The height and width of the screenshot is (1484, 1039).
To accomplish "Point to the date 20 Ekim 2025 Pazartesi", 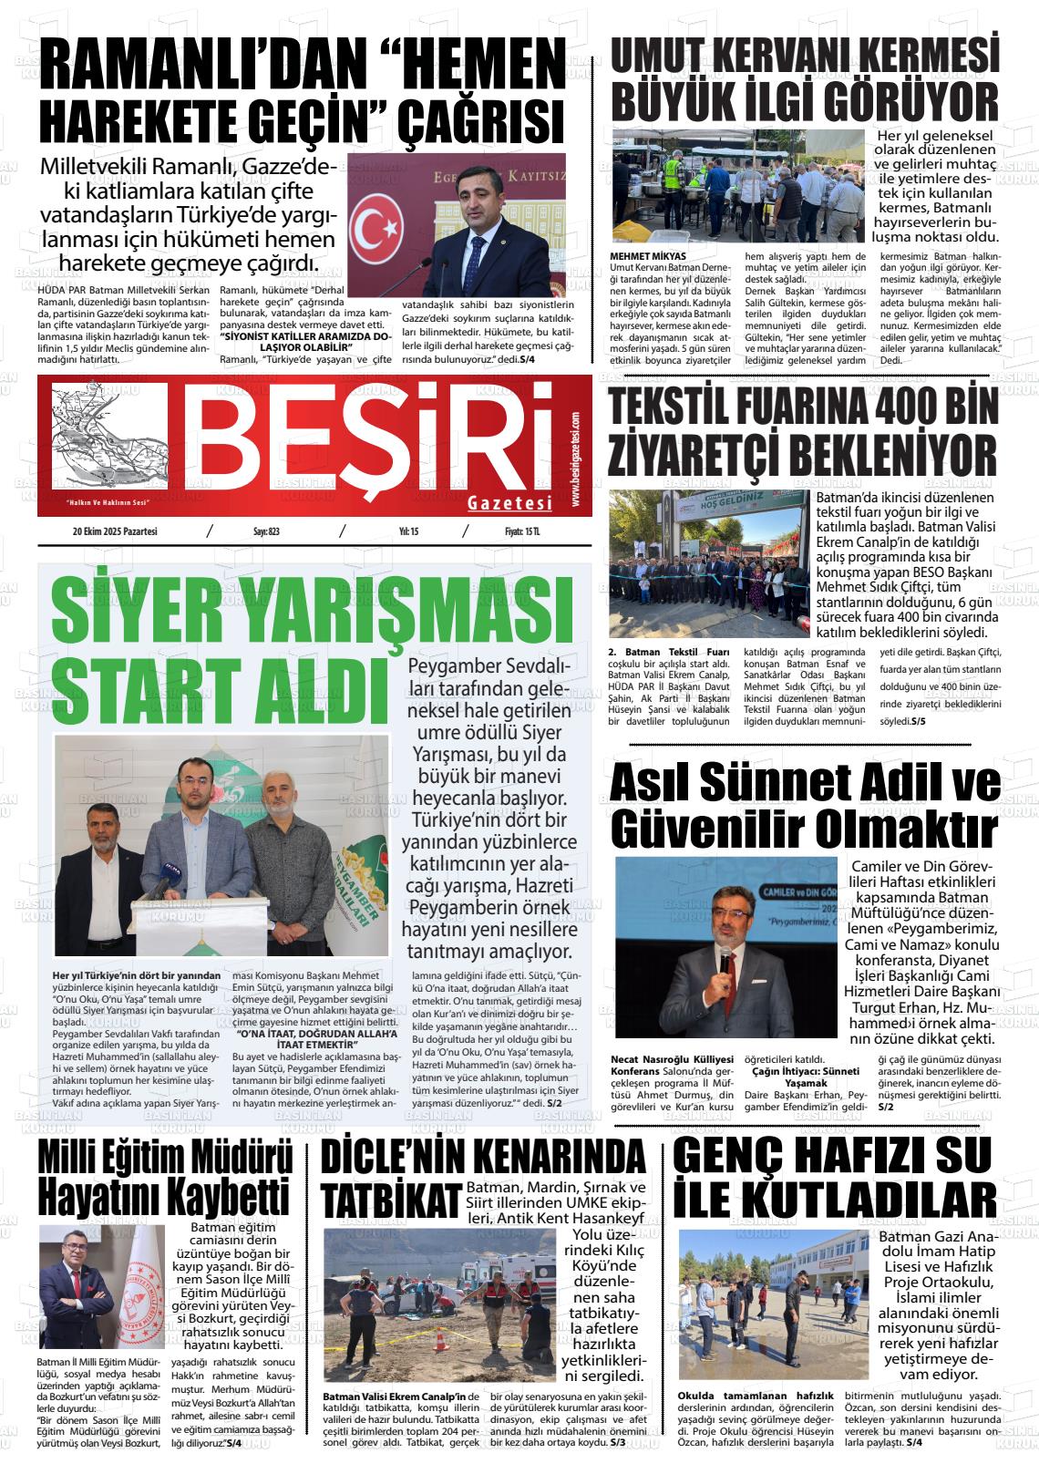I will click(116, 531).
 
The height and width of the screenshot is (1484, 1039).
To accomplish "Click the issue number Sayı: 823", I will click(265, 531).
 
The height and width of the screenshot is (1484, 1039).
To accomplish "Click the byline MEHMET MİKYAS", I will click(648, 256).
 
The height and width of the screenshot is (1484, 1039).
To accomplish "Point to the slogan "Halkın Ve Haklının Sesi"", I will click(108, 502).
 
